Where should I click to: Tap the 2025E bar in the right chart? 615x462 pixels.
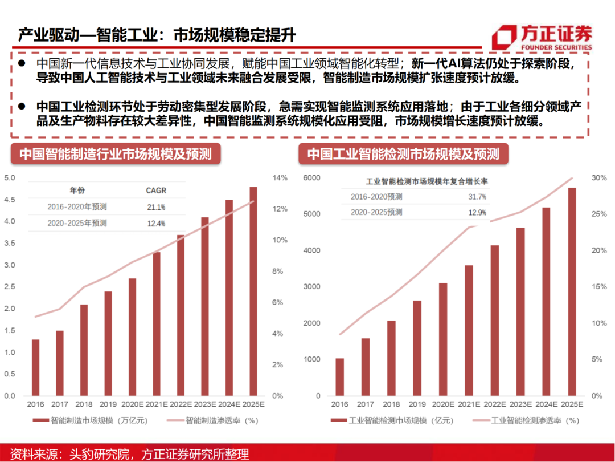[572, 292]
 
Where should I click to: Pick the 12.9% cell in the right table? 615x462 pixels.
[477, 212]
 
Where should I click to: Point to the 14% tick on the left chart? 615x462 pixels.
[281, 178]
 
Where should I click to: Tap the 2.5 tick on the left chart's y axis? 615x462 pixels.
[10, 287]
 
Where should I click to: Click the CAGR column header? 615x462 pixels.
[156, 190]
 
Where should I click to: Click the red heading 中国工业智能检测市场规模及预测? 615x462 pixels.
[403, 154]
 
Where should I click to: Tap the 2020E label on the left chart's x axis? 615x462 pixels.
[132, 404]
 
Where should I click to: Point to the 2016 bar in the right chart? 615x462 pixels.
[339, 377]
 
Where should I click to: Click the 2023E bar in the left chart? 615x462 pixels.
[204, 306]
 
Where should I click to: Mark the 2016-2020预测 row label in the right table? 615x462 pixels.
[376, 197]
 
